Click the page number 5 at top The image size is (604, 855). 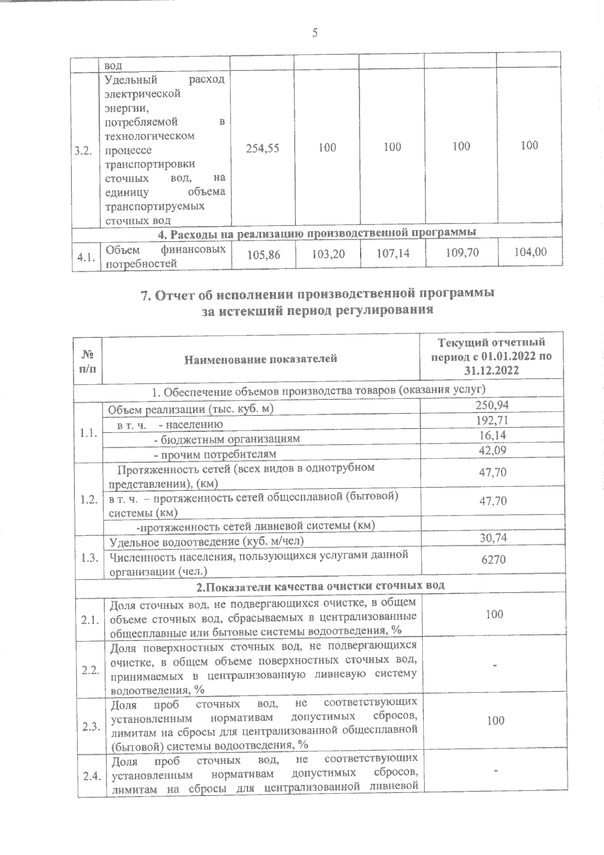(x=315, y=33)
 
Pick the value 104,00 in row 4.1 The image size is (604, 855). (x=530, y=251)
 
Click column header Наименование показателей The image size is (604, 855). (x=260, y=359)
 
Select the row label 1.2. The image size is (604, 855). (x=88, y=500)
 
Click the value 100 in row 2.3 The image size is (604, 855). (x=495, y=721)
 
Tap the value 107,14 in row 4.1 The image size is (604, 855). (x=393, y=253)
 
